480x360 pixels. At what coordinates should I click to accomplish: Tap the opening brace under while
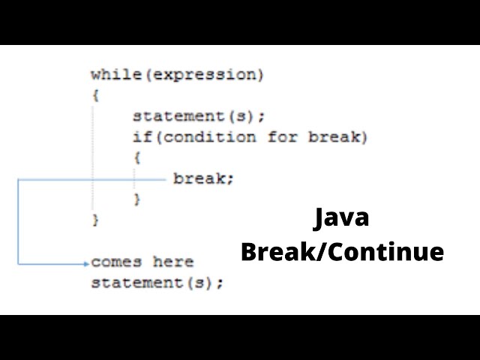click(95, 96)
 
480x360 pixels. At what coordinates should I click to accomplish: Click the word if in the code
click(140, 137)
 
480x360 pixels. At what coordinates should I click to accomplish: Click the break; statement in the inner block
click(203, 178)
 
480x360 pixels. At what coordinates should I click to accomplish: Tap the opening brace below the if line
click(137, 158)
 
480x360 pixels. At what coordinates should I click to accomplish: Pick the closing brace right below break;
click(137, 199)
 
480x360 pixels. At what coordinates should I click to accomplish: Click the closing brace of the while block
click(95, 220)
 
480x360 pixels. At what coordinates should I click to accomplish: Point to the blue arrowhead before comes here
click(86, 262)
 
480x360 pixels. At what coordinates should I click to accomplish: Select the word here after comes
click(173, 262)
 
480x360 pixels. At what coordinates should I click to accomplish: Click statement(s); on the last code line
click(157, 283)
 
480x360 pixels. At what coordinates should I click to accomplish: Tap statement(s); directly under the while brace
click(199, 116)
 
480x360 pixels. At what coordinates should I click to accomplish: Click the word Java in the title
click(342, 219)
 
